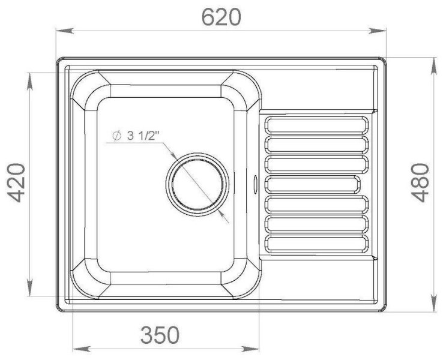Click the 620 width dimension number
click(221, 17)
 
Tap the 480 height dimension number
click(420, 182)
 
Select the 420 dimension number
click(16, 182)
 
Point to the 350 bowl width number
click(160, 335)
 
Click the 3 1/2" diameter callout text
click(135, 136)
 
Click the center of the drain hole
click(197, 185)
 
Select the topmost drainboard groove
click(316, 125)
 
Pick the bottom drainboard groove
click(316, 244)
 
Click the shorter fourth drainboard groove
click(313, 184)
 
